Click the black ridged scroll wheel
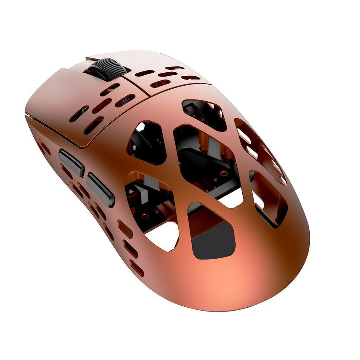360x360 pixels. coord(107,69)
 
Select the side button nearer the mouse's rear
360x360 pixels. coord(100,190)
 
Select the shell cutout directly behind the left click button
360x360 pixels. coord(146,143)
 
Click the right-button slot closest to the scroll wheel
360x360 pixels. coord(144,73)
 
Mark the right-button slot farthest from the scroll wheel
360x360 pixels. coord(190,78)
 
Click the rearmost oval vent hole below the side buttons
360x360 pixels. coord(136,268)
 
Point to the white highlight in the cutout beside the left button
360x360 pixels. coord(140,127)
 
